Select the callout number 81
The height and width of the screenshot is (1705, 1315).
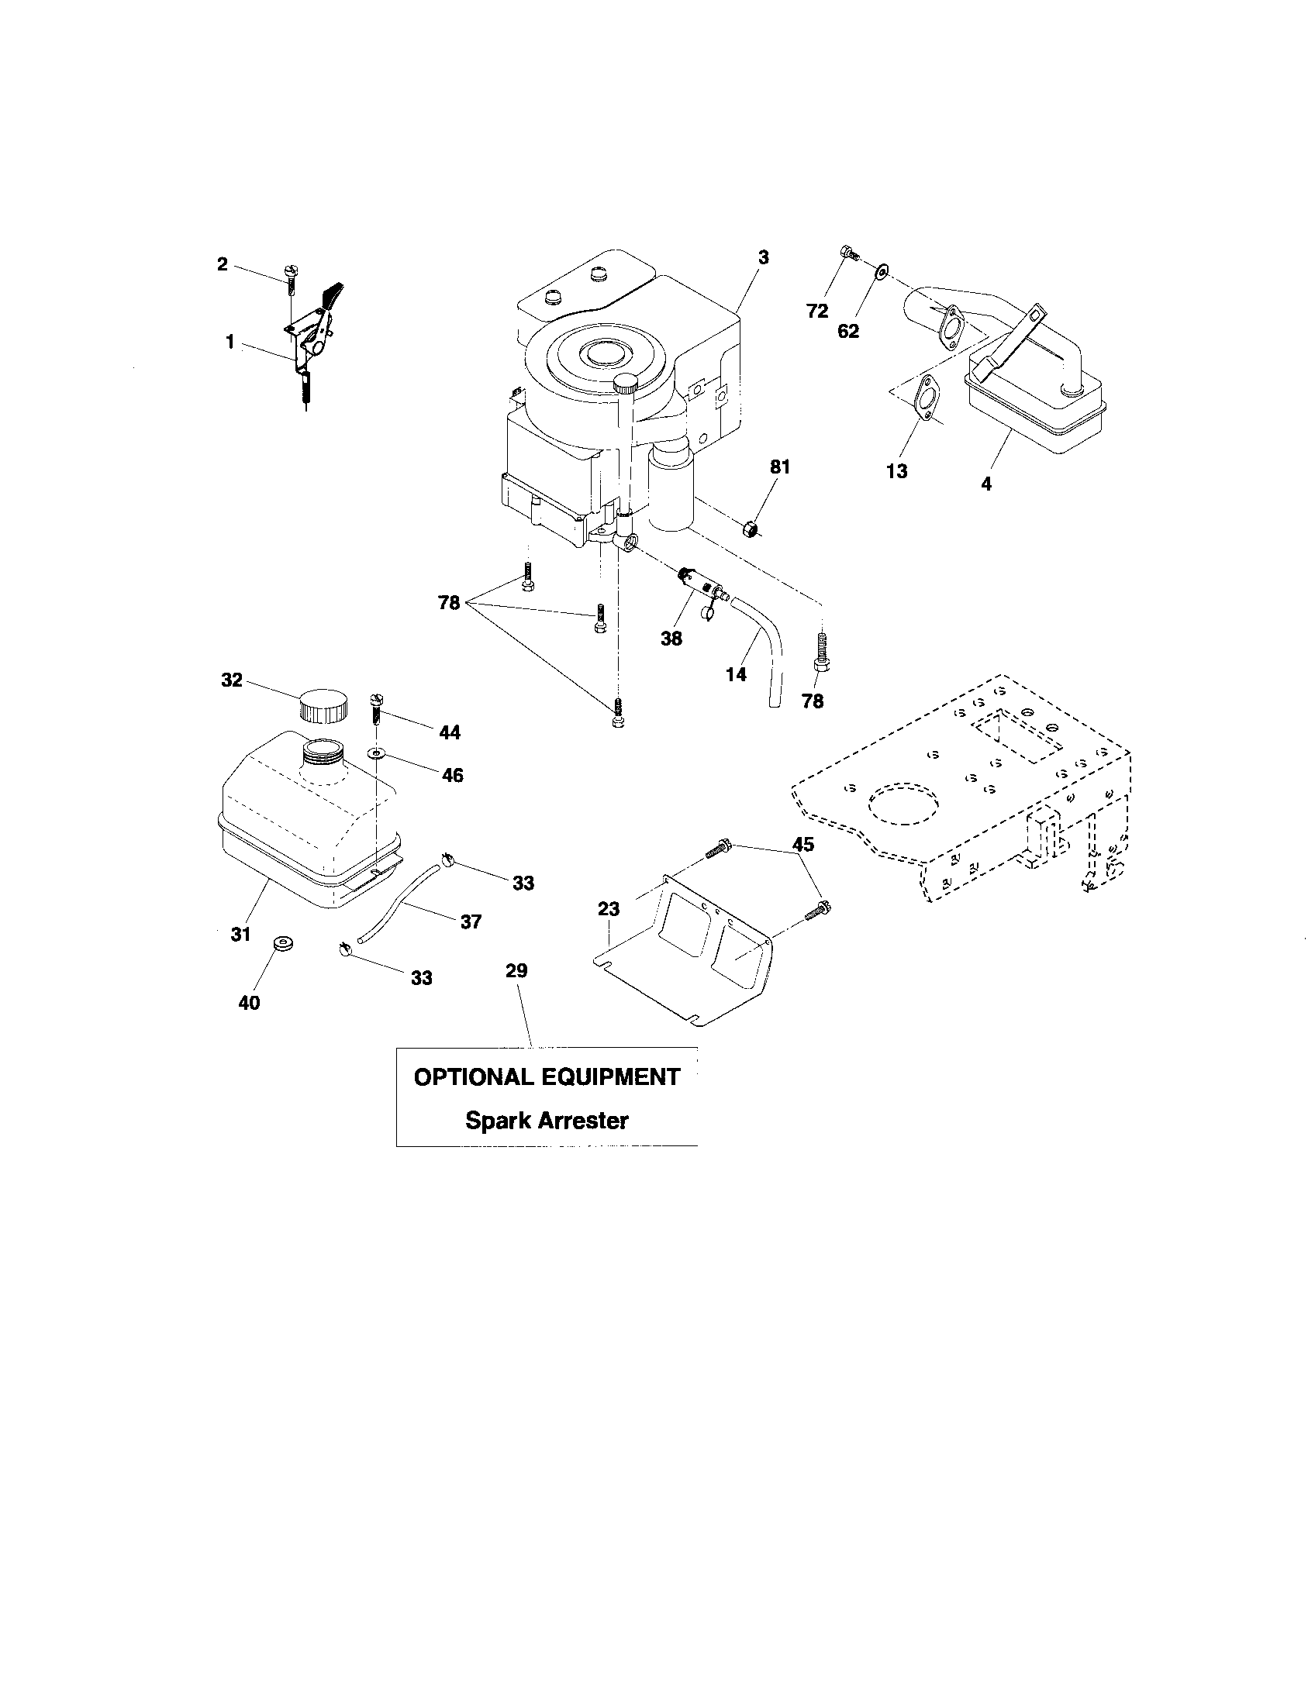click(779, 467)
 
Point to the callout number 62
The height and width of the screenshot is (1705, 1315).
click(848, 331)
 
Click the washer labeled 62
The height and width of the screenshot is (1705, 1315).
click(881, 271)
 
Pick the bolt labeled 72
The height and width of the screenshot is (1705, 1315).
click(847, 252)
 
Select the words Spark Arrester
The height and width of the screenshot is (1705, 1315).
click(547, 1121)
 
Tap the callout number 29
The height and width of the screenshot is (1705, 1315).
click(516, 970)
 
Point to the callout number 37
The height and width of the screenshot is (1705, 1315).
click(471, 921)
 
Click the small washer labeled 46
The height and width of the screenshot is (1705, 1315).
click(377, 754)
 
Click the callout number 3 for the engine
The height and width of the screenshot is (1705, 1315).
click(763, 257)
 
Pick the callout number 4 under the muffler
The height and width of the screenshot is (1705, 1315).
click(986, 484)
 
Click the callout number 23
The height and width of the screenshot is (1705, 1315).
click(609, 909)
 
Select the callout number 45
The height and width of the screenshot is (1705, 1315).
click(802, 844)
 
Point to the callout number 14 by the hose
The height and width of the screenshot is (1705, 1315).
click(736, 673)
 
